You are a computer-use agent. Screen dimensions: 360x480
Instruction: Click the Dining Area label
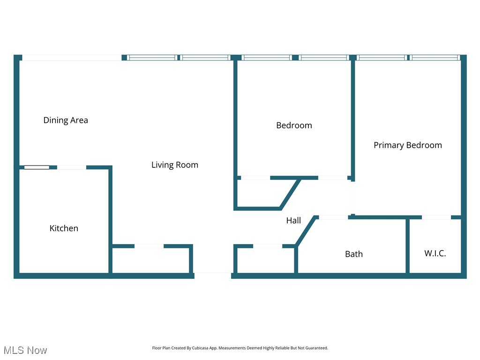tap(66, 120)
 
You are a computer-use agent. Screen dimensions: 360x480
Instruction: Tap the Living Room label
tap(174, 165)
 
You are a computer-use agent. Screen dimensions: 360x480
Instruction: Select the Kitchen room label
tap(64, 228)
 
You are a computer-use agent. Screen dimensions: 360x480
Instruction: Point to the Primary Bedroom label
tap(407, 145)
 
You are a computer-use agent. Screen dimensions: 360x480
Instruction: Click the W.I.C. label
tap(435, 254)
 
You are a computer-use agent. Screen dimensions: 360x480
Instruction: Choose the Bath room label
tap(353, 254)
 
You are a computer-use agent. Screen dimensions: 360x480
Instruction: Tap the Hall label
tap(293, 220)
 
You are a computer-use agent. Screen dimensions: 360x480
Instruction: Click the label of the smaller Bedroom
tap(294, 125)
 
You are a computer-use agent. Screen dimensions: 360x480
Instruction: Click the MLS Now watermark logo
tap(25, 350)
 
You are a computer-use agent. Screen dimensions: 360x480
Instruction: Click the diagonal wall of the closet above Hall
tap(290, 193)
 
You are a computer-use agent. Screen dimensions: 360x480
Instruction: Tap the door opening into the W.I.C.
tap(436, 217)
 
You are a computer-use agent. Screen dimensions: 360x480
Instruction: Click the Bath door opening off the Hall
tap(333, 217)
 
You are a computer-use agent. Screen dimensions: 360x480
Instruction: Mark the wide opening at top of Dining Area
tap(72, 58)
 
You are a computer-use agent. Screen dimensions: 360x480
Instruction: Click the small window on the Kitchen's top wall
tap(37, 167)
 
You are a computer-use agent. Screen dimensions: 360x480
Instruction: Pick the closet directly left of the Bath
tap(265, 260)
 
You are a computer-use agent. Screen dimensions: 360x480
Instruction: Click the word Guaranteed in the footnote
tap(317, 348)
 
